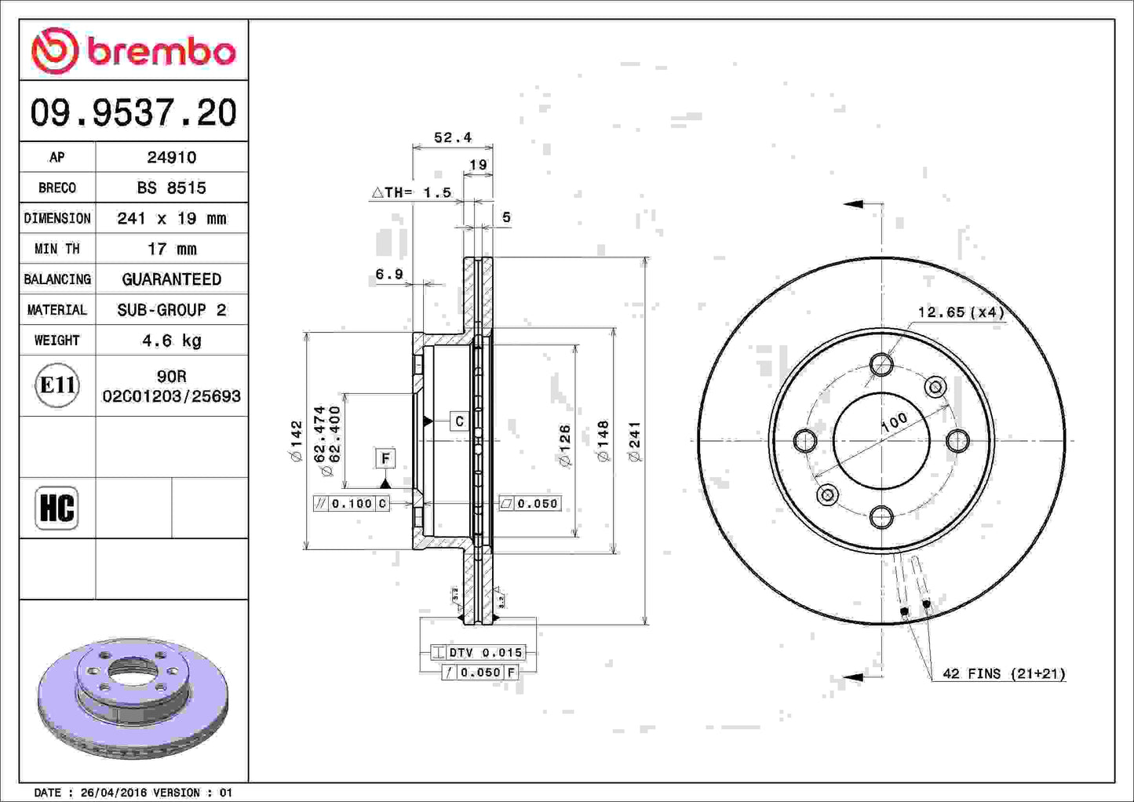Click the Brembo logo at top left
pos(133,51)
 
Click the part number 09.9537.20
pos(133,112)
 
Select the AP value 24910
pos(171,157)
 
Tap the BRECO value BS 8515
pos(171,188)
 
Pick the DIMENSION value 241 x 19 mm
pos(171,218)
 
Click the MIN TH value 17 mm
pos(171,249)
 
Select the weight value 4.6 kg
pos(171,341)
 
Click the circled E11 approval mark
pos(57,385)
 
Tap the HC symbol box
pos(57,508)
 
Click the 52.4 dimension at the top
pos(453,137)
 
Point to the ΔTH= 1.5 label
pos(412,192)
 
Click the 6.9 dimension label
pos(388,274)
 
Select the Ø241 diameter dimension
pos(635,441)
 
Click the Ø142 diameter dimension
pos(296,441)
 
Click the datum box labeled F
pos(385,458)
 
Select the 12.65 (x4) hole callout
pos(961,312)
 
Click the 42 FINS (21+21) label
pos(1004,673)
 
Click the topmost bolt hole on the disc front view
pos(881,365)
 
